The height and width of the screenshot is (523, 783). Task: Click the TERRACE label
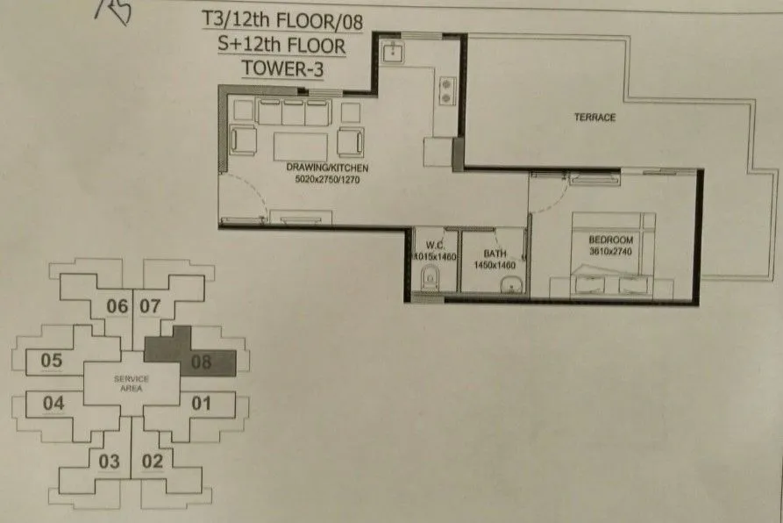tap(594, 118)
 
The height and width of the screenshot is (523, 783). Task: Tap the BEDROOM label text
tap(604, 238)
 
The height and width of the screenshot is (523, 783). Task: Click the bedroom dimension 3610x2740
tap(611, 251)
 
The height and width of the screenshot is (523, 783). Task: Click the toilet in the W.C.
tap(430, 280)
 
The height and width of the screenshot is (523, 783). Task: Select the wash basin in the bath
tap(508, 283)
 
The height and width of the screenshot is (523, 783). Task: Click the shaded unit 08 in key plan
tap(201, 360)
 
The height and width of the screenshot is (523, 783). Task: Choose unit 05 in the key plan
tap(52, 360)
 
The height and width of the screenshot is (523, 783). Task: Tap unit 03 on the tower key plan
tap(109, 462)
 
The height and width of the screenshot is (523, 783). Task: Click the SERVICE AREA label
tap(131, 383)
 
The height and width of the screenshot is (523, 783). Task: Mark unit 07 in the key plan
tap(150, 306)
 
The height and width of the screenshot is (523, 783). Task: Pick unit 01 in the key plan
tap(201, 404)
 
